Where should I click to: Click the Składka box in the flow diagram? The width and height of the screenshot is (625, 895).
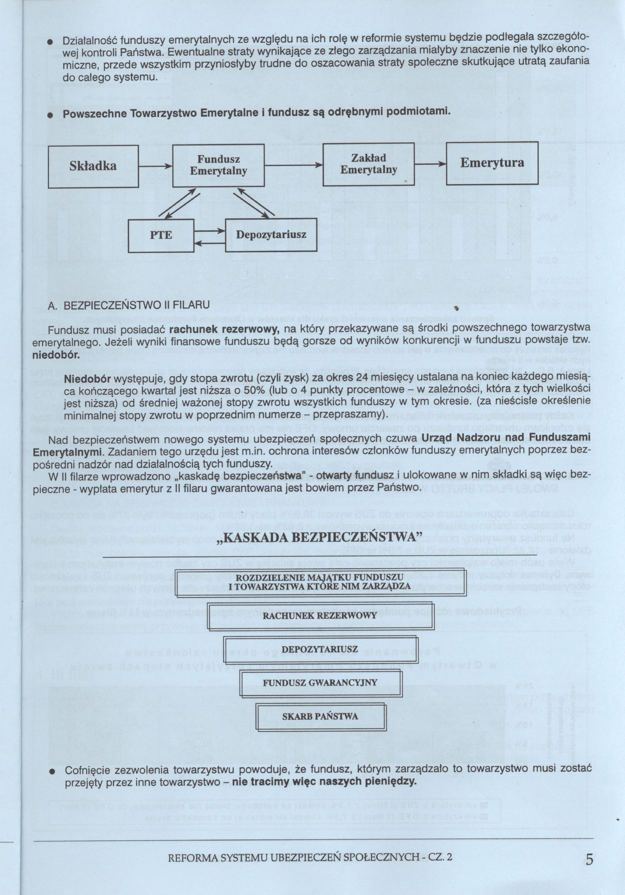tap(93, 166)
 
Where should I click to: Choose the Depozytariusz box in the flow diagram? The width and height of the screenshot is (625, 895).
tap(271, 235)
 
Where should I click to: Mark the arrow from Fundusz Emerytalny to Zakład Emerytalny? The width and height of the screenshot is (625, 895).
tap(293, 166)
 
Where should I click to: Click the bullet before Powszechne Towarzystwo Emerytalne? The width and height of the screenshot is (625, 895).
tap(50, 115)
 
